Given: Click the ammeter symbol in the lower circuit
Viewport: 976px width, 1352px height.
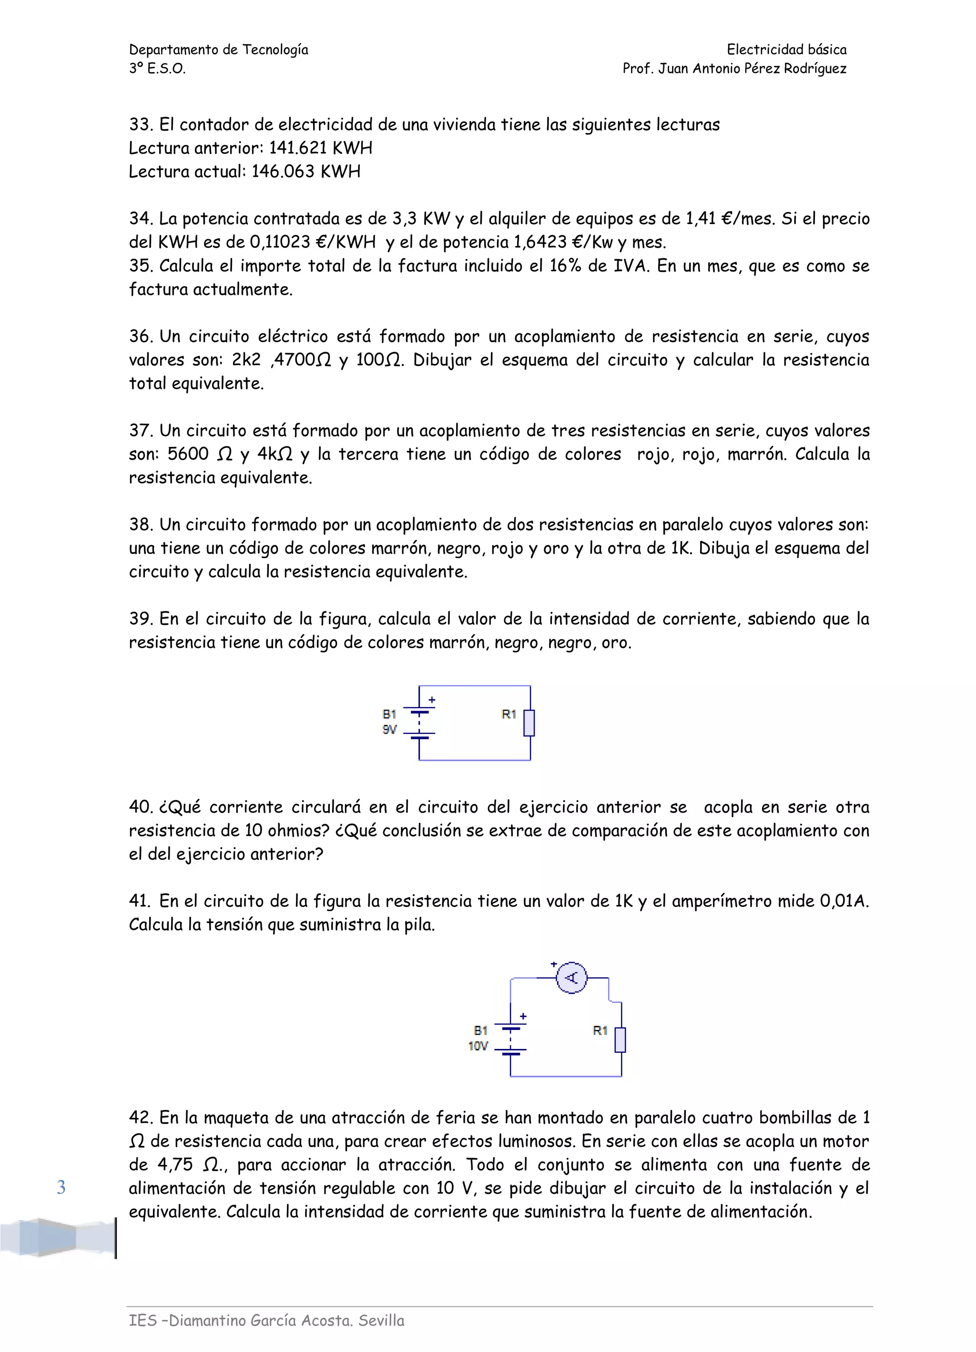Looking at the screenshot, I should pyautogui.click(x=571, y=977).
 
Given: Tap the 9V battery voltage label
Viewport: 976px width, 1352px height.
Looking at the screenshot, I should pyautogui.click(x=389, y=730).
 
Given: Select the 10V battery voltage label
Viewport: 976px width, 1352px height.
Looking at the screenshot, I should pyautogui.click(x=478, y=1046).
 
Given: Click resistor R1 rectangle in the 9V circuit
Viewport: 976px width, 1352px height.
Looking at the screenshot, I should pyautogui.click(x=529, y=723).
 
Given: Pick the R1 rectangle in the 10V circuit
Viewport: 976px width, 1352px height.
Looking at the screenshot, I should pyautogui.click(x=620, y=1040).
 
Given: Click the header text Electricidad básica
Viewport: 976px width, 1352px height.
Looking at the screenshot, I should pyautogui.click(x=786, y=50).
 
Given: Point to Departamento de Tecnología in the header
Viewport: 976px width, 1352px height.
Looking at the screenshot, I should pyautogui.click(x=219, y=50).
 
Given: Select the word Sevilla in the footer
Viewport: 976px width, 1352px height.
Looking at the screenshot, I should pyautogui.click(x=382, y=1321).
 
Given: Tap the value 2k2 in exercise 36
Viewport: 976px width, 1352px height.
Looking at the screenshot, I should pyautogui.click(x=246, y=360).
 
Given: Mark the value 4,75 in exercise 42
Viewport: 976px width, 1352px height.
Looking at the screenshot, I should pyautogui.click(x=175, y=1164).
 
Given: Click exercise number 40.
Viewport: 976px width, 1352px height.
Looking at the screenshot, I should pyautogui.click(x=141, y=807).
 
